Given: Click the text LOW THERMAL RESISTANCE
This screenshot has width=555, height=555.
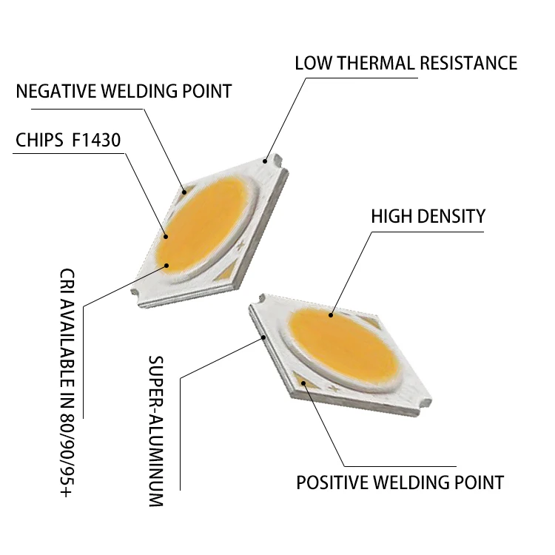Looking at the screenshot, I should (406, 63).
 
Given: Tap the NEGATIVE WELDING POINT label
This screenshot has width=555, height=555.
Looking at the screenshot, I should (124, 92).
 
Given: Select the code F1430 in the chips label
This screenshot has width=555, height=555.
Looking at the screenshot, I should (96, 140).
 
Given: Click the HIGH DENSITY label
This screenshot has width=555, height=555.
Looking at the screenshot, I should (428, 217).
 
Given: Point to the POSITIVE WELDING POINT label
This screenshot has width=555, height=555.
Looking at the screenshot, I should (400, 482).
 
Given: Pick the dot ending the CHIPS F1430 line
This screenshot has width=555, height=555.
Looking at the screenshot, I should (166, 237).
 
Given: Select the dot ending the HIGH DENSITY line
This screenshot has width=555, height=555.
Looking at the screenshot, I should (331, 316).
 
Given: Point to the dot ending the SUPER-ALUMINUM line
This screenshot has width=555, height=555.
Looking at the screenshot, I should (265, 335).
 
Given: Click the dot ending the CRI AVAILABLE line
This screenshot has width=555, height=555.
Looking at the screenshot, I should (168, 264).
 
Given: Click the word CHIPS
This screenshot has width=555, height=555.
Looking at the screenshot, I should (39, 140).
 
